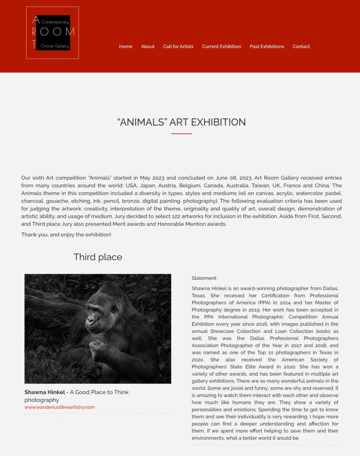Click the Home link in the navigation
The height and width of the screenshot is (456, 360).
point(126,46)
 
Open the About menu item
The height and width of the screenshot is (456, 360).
point(147,46)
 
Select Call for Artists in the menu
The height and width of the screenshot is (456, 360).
point(178,46)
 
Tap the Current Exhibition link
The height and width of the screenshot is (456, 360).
point(221,46)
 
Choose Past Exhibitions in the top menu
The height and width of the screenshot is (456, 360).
point(266,46)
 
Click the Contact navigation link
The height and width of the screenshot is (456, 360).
point(301,46)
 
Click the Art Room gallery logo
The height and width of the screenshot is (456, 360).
point(53,33)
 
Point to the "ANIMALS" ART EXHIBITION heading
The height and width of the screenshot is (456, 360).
point(181,122)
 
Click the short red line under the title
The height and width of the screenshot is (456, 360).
point(181,133)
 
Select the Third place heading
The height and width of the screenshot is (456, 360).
point(98,257)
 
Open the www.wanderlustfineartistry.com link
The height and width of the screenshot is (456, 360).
point(59,407)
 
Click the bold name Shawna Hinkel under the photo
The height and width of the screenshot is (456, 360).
point(44,392)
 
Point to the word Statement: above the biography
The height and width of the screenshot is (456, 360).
point(204,278)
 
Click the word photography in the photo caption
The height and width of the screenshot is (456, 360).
point(41,400)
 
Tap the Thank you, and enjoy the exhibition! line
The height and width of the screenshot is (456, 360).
point(66,234)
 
